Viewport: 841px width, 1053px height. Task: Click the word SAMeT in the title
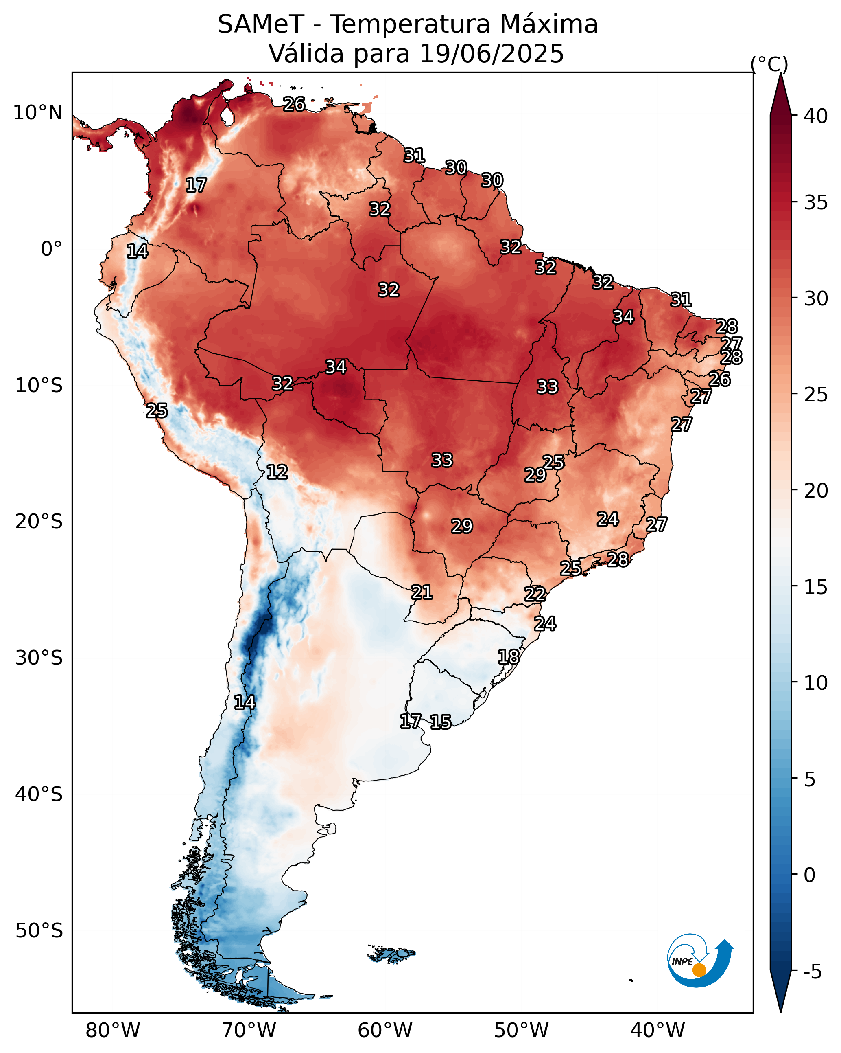[x=261, y=24]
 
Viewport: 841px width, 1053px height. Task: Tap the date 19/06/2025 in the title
[x=491, y=54]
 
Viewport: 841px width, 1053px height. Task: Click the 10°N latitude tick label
[x=37, y=113]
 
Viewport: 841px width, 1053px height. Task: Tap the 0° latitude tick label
[x=51, y=249]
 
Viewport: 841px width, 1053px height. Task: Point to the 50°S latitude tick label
[x=39, y=931]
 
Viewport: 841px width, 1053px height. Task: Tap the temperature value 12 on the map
[x=277, y=472]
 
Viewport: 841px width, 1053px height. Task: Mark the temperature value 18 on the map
[x=508, y=657]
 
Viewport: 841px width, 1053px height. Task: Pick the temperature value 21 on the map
[x=422, y=592]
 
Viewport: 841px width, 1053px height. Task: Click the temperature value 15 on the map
[x=441, y=722]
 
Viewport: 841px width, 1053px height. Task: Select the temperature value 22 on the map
[x=535, y=595]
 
